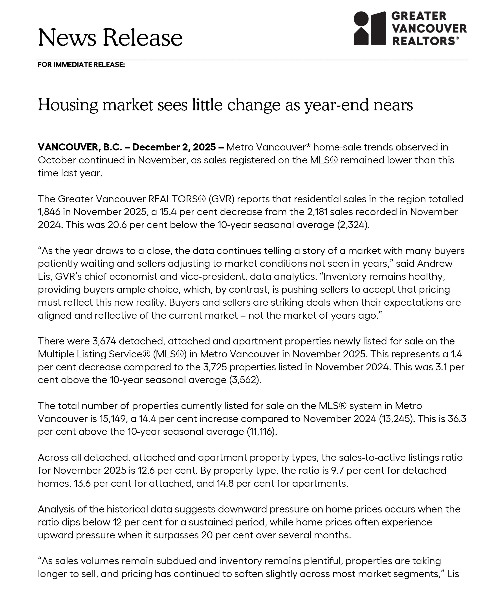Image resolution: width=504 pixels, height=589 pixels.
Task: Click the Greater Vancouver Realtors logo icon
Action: coord(369,28)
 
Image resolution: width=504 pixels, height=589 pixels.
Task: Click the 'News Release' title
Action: coord(110,38)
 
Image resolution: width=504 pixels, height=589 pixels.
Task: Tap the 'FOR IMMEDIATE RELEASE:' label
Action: coord(81,65)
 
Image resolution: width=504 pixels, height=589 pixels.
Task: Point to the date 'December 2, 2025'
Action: coord(174,147)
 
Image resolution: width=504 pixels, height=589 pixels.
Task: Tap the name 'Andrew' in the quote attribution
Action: coord(435,263)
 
